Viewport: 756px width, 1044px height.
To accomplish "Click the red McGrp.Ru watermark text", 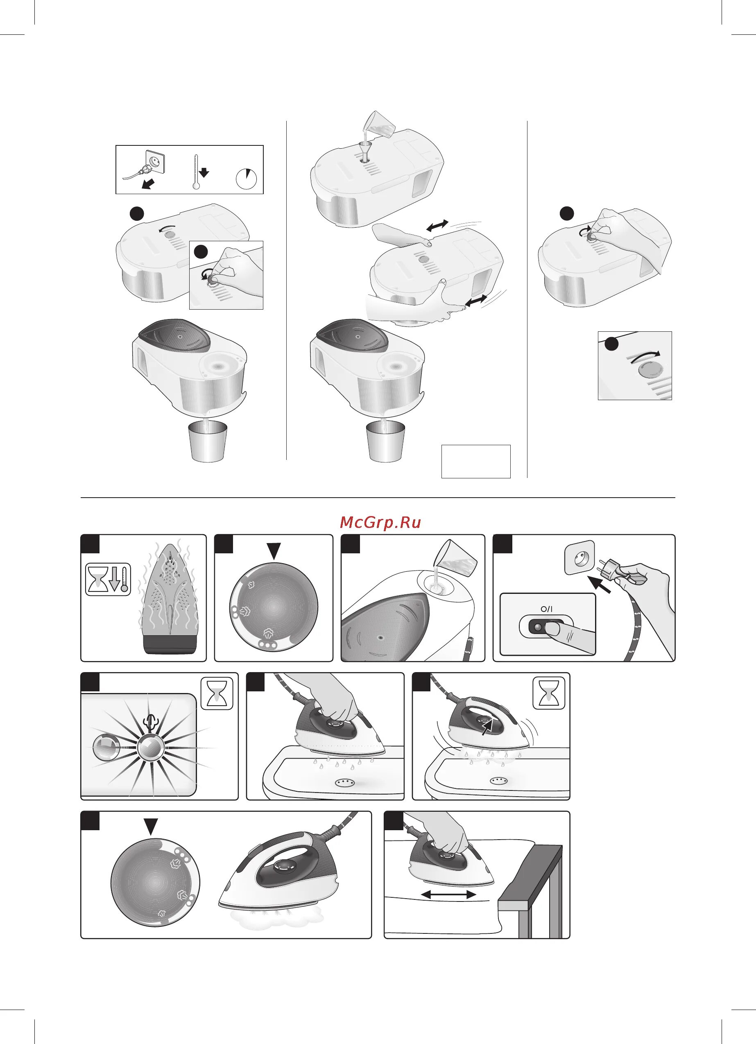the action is [x=380, y=523].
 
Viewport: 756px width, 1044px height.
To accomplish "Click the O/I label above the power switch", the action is [x=546, y=609].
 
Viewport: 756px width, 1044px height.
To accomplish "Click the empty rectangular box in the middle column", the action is [x=476, y=461].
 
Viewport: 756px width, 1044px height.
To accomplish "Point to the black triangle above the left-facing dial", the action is [x=274, y=551].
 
